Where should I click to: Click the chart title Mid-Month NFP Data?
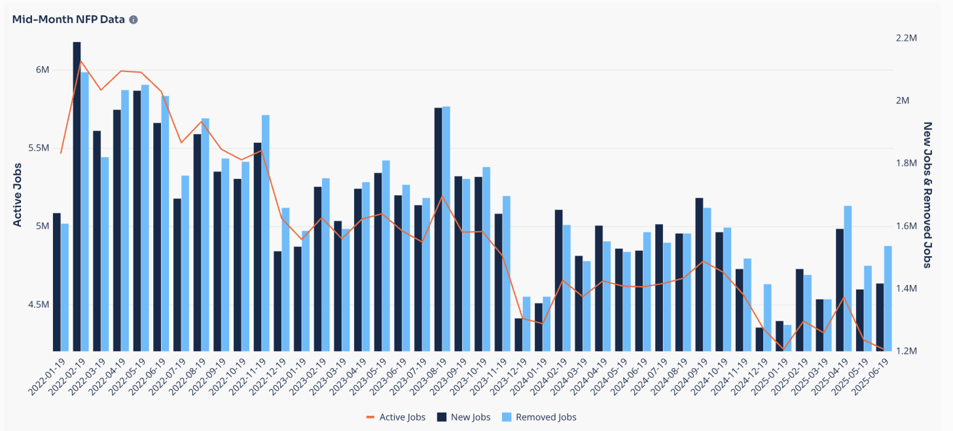point(68,20)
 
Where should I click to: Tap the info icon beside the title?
point(134,20)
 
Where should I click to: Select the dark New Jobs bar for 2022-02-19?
point(77,197)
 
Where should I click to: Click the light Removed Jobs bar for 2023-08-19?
point(446,229)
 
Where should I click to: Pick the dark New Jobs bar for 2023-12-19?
point(518,335)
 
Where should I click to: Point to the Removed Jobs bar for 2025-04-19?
point(848,278)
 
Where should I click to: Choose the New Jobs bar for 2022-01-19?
point(57,282)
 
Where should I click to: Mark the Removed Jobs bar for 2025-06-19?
point(888,299)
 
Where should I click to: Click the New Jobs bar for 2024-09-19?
point(699,274)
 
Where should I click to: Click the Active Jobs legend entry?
point(396,417)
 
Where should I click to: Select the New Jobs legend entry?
point(464,417)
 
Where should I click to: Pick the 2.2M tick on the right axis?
point(907,38)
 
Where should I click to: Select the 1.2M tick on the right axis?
point(907,351)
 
